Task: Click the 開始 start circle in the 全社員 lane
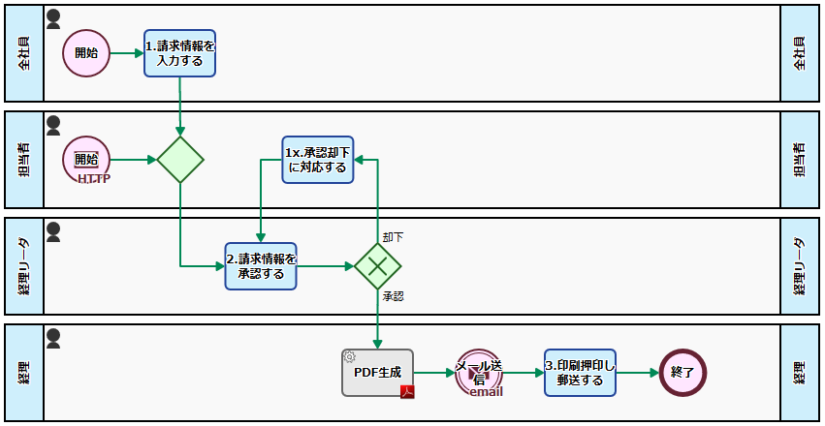86,52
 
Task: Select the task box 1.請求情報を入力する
179,52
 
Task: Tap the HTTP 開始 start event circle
86,160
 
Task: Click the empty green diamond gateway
180,160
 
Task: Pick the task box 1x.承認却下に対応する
317,159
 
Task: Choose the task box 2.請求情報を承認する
261,265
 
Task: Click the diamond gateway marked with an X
377,265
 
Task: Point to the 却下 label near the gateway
393,236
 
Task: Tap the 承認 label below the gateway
393,296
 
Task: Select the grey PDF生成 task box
377,372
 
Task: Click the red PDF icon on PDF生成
408,391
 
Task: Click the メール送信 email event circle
479,373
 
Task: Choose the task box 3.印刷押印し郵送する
580,373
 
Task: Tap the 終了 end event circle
682,373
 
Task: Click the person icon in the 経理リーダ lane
54,231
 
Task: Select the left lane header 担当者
24,160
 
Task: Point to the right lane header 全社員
800,53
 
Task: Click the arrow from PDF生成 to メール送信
434,372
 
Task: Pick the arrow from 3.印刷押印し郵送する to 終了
637,372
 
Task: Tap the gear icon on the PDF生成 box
349,356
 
